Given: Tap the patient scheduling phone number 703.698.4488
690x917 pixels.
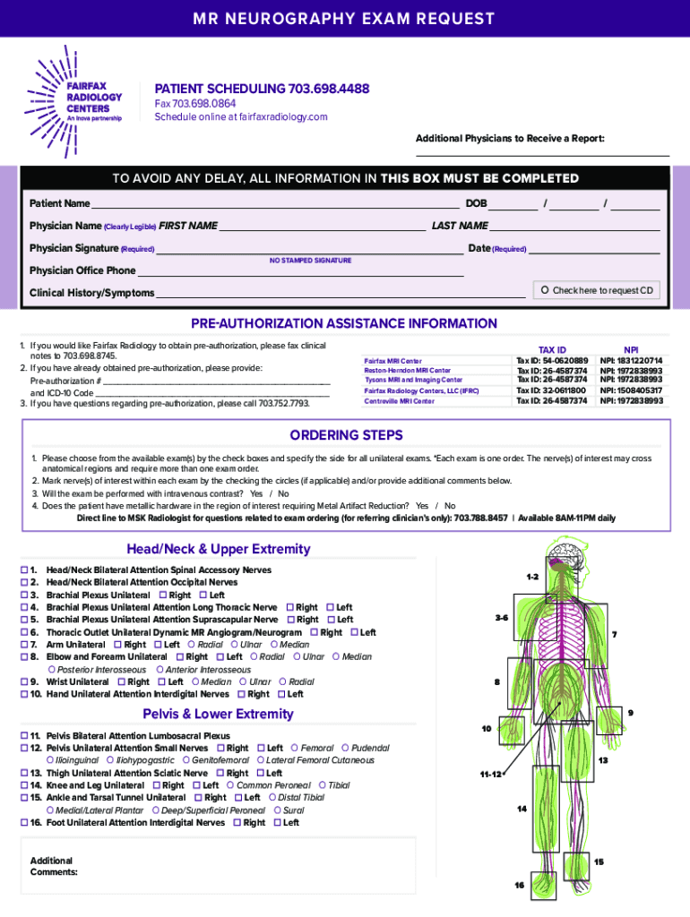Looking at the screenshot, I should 329,90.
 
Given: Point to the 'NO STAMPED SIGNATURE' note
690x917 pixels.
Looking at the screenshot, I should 310,261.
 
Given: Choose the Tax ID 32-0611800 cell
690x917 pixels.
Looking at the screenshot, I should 551,390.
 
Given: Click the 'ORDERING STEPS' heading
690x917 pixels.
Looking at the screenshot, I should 346,436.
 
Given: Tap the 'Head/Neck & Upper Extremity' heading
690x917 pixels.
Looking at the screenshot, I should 220,549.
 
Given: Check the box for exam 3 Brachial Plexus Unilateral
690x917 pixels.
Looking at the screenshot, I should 24,595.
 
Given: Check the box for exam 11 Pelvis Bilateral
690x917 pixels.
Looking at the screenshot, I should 24,736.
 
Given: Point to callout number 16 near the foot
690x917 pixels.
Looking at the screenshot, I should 519,885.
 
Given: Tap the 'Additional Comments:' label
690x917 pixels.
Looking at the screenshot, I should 53,866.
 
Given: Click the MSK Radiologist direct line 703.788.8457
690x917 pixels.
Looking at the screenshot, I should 480,518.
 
